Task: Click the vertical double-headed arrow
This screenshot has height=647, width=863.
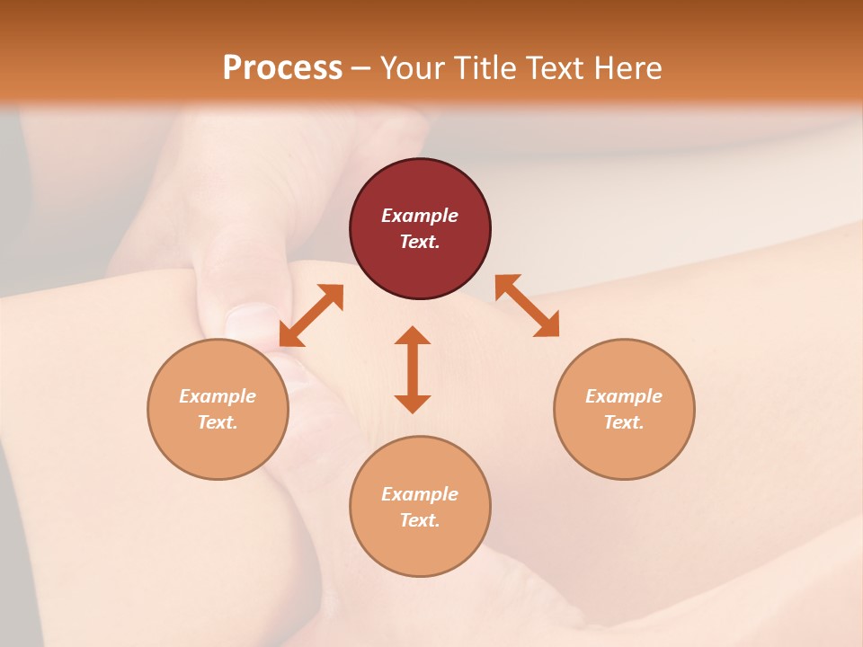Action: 413,369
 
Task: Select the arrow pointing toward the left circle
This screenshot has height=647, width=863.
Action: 311,315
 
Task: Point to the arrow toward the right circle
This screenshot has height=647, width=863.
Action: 527,306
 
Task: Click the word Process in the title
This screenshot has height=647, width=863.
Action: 282,68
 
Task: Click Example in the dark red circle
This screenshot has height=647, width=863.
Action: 420,216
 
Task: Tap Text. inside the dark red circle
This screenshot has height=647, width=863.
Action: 420,242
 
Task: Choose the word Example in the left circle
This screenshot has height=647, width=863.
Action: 218,396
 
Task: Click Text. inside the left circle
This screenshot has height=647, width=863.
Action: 218,422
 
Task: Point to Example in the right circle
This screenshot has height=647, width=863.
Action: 624,396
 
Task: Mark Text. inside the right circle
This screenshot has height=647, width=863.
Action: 624,422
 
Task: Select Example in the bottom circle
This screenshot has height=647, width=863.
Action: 420,494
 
